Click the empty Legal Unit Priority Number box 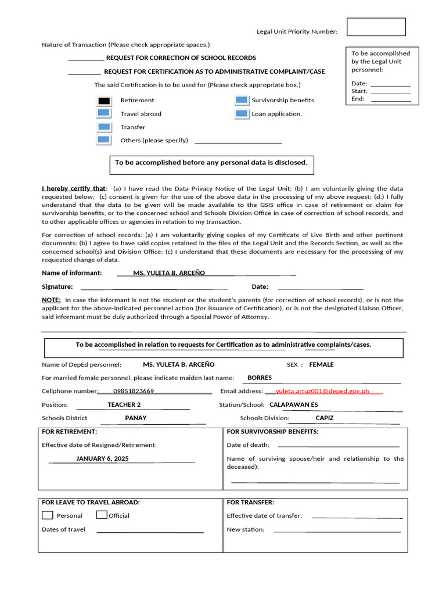click(x=376, y=27)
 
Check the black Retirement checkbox click(x=104, y=101)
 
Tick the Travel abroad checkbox click(x=104, y=114)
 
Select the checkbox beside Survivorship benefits click(x=242, y=101)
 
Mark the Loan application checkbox click(x=242, y=114)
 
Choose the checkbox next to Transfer click(x=104, y=127)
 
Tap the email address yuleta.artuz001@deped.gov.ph click(x=322, y=391)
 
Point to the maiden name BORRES click(x=260, y=378)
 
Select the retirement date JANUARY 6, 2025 click(x=102, y=458)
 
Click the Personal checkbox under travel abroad click(x=48, y=515)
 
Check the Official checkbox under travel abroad click(x=102, y=515)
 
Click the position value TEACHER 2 click(x=124, y=404)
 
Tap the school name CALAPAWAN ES click(x=294, y=404)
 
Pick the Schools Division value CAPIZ click(x=325, y=418)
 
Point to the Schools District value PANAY click(x=136, y=418)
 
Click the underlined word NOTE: click(x=51, y=300)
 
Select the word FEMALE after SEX click(x=321, y=364)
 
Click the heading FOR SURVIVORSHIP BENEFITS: click(x=272, y=432)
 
